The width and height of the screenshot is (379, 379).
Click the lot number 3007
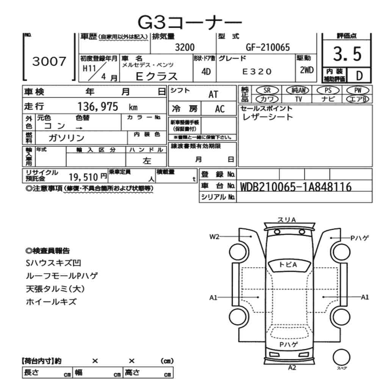(x=49, y=61)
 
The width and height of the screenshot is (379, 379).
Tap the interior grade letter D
(x=357, y=75)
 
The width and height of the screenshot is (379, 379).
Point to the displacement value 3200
(x=185, y=47)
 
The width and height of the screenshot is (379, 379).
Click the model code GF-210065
(x=268, y=47)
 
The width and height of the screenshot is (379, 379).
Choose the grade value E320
(x=257, y=71)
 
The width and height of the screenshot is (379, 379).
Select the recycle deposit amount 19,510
(x=83, y=176)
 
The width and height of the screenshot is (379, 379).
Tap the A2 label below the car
(x=292, y=367)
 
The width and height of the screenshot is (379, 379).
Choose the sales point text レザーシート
(x=268, y=117)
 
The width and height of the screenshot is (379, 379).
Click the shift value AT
(x=213, y=94)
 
